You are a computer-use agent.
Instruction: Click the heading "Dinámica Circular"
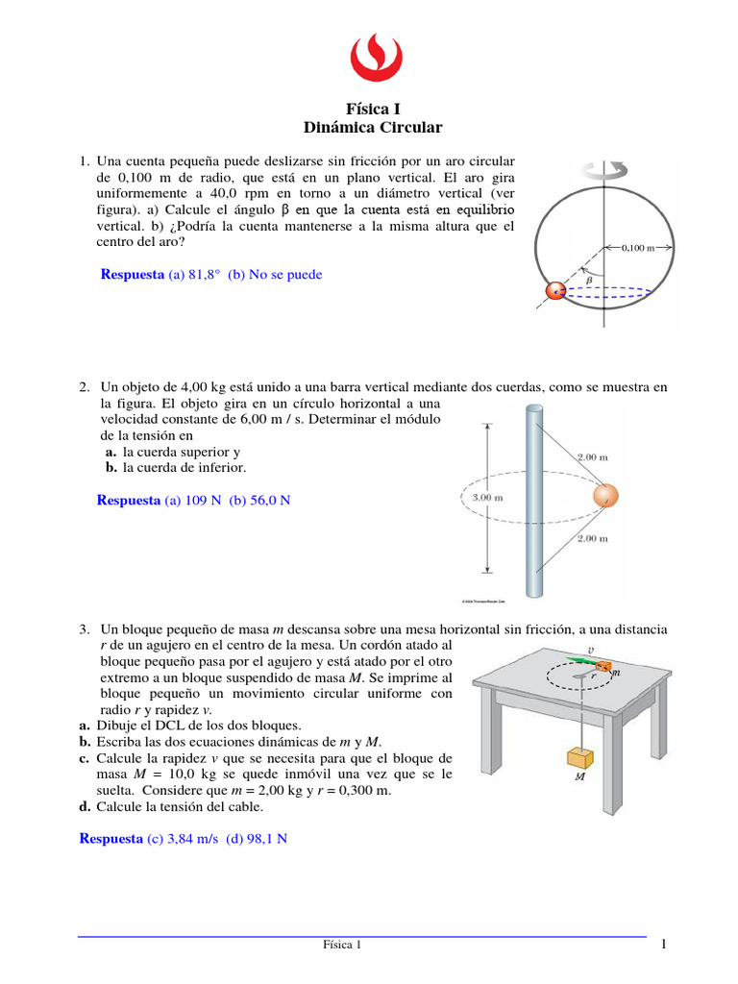372,128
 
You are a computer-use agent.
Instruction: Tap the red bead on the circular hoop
555,291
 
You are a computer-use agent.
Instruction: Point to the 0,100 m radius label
637,247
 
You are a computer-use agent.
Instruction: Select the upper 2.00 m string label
592,457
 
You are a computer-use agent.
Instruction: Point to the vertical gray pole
534,500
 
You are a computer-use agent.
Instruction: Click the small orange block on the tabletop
603,666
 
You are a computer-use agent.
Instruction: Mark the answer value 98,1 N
267,839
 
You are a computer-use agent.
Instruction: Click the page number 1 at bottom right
663,946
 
